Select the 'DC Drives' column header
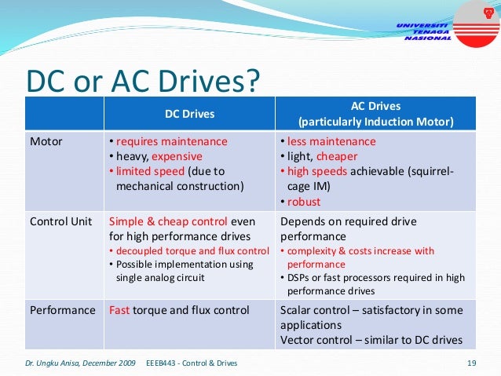point(189,114)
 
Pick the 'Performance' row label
point(63,310)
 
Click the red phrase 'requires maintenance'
point(170,142)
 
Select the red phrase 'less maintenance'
point(331,142)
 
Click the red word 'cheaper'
point(337,157)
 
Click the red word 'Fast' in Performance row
point(120,310)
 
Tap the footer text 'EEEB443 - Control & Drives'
point(192,363)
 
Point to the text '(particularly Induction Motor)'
point(375,122)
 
